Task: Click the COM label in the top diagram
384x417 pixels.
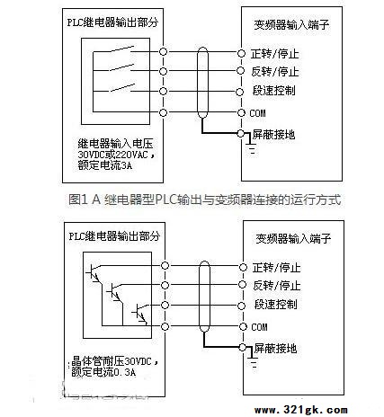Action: pos(257,113)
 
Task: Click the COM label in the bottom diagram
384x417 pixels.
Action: pos(259,327)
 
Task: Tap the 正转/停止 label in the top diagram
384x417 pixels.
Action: pos(275,54)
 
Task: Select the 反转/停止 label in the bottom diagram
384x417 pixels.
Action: pos(276,286)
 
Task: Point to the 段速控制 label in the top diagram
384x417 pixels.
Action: pos(274,91)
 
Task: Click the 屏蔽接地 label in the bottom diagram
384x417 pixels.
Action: pos(275,348)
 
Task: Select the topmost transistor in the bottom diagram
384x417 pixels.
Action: pos(94,272)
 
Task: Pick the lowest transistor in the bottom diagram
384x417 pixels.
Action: pos(140,314)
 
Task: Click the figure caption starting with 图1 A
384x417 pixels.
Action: pos(205,200)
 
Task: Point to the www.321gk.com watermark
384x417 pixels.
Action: pos(301,410)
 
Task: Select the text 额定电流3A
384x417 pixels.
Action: pos(104,165)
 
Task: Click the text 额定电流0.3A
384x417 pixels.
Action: pos(103,372)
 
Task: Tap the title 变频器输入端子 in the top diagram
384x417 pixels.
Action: pos(291,24)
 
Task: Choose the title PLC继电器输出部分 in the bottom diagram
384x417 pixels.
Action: pos(114,236)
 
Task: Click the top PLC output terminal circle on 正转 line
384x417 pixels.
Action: pos(163,52)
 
